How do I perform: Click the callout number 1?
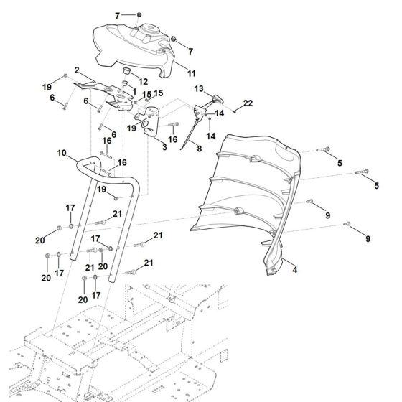click(134, 91)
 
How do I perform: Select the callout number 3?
click(164, 147)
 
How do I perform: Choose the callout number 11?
click(192, 73)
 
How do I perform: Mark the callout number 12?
click(144, 80)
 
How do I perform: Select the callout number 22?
click(248, 104)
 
